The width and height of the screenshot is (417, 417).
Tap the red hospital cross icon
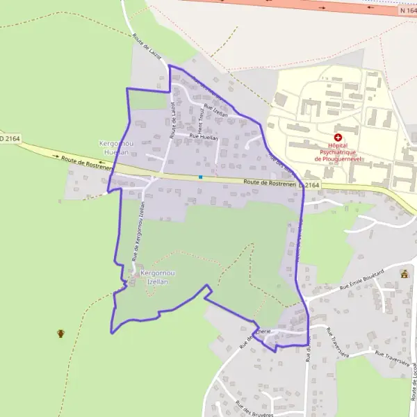[x=338, y=138]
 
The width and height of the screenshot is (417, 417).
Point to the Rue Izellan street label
[x=215, y=110]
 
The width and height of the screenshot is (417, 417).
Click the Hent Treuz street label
[x=201, y=119]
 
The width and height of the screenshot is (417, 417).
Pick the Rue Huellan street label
[x=204, y=138]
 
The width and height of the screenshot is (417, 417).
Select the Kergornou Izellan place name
[x=158, y=278]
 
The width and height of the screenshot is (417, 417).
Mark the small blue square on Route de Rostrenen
[x=200, y=177]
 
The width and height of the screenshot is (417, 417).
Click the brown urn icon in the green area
[x=60, y=334]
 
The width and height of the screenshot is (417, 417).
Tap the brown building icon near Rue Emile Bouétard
[x=404, y=273]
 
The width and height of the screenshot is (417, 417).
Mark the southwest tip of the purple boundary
[x=112, y=331]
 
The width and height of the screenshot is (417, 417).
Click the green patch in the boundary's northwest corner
[x=146, y=101]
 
